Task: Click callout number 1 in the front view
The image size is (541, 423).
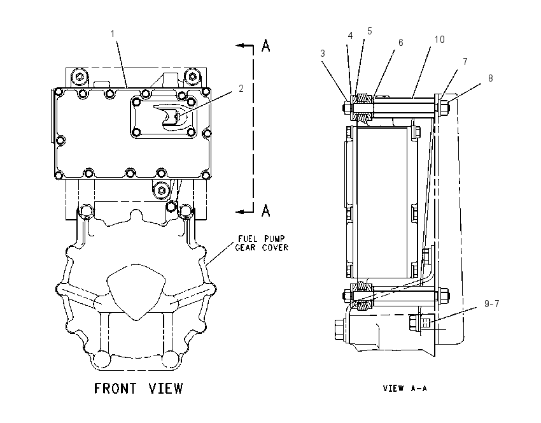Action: coord(113,34)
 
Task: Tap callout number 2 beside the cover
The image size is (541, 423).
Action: coord(241,89)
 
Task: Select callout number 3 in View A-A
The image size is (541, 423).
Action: coord(323,54)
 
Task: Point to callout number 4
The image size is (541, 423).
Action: coord(350,36)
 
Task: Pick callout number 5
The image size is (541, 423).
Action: coord(370,31)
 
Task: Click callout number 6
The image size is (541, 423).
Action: coord(400,43)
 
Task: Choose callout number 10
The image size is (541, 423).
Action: coord(439,39)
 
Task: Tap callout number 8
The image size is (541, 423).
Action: coord(490,78)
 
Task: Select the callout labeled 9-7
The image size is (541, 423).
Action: coord(491,303)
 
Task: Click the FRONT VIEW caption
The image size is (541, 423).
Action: coord(138,388)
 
